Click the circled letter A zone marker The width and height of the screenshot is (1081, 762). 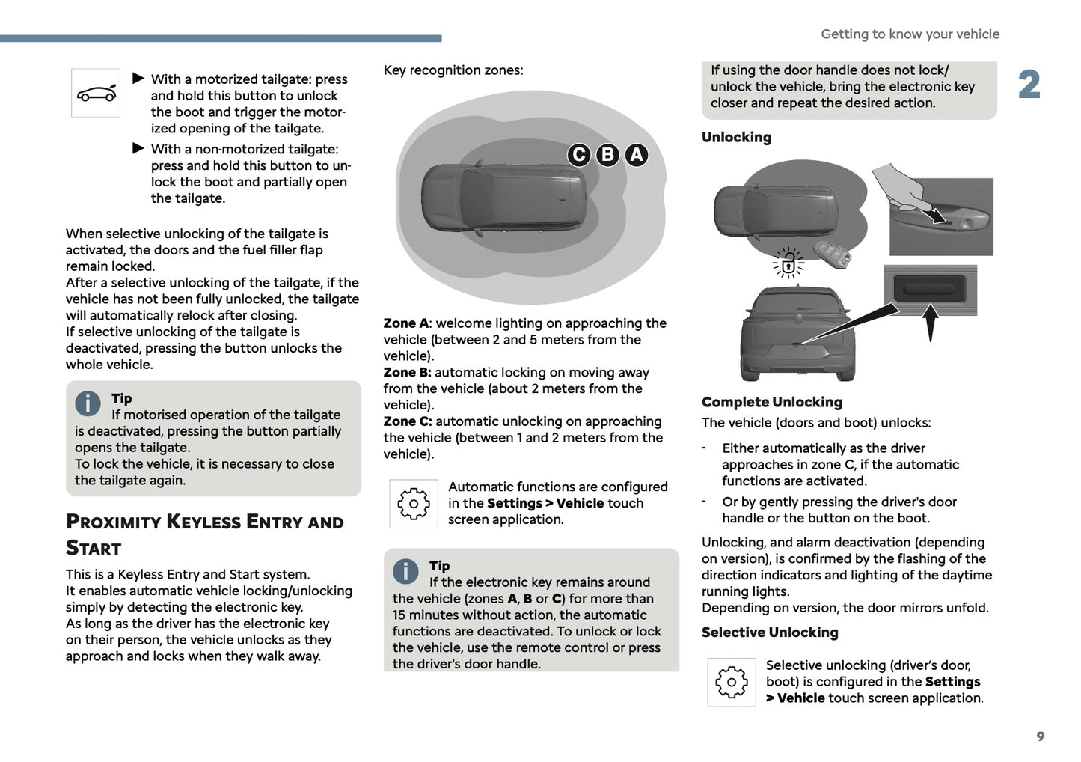[x=636, y=155]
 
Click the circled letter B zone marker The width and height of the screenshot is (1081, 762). [x=607, y=155]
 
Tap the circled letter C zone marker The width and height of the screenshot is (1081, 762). [x=578, y=155]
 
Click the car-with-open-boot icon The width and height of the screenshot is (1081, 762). [x=96, y=93]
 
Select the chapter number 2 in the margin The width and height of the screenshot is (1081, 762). [x=1029, y=85]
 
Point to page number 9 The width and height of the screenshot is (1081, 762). [x=1040, y=737]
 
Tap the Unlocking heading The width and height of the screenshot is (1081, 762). [x=736, y=137]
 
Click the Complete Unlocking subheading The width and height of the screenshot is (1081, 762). [x=771, y=402]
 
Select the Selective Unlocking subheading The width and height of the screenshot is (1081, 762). [x=770, y=633]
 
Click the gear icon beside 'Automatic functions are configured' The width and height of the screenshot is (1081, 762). [x=413, y=504]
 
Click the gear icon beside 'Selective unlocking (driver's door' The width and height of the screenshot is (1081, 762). [x=731, y=682]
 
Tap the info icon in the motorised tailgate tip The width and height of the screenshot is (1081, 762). [x=88, y=403]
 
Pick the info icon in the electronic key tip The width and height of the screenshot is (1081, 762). [x=405, y=571]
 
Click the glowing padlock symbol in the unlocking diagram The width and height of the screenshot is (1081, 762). [x=788, y=263]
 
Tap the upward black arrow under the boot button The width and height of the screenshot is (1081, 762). [x=930, y=322]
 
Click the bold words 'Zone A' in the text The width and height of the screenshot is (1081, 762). [x=405, y=323]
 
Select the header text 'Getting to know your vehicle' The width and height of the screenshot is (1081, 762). [x=910, y=34]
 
